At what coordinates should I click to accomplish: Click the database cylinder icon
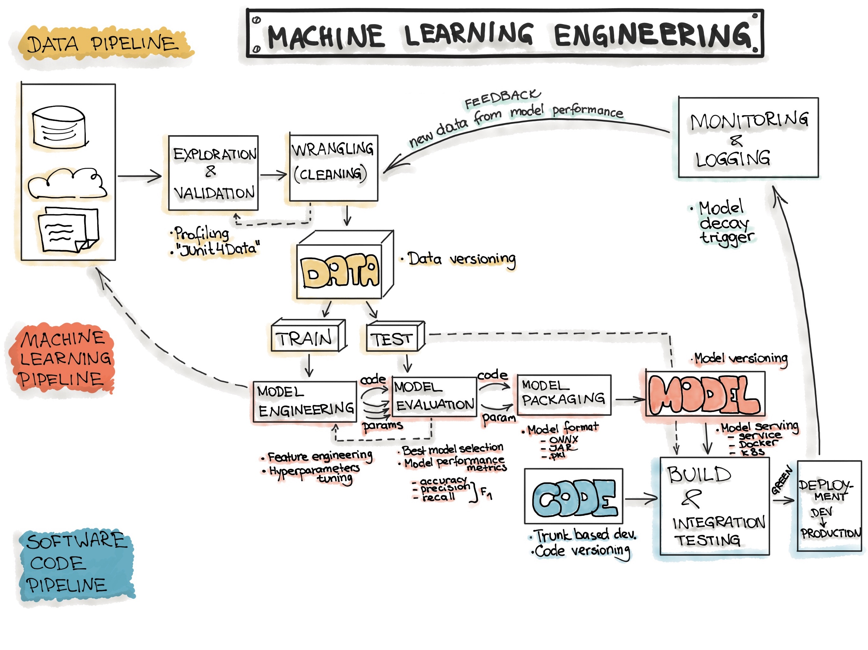point(59,127)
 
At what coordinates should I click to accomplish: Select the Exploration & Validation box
point(213,173)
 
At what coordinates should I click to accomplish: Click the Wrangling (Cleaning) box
point(333,168)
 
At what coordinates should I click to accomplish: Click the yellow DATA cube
point(340,271)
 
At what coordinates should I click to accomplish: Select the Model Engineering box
point(304,401)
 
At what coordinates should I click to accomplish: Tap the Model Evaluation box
point(434,397)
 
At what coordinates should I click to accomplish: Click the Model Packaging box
point(564,395)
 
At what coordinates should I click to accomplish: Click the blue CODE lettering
point(574,498)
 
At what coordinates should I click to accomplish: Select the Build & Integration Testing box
point(714,506)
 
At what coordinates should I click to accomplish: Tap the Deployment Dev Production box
point(829,506)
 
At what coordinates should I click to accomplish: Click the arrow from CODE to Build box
point(641,499)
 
